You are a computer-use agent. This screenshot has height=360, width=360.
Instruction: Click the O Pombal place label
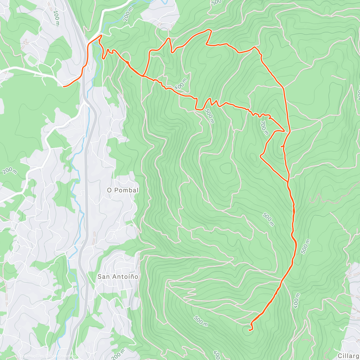click(123, 190)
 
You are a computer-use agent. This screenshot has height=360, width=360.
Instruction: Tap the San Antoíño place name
click(118, 277)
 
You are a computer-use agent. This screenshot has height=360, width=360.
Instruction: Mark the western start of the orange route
click(64, 86)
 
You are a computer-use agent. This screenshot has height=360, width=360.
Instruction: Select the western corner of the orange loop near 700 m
click(260, 155)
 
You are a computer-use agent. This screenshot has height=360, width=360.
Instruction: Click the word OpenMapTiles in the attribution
click(31, 356)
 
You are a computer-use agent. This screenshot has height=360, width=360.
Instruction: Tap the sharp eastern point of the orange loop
click(284, 131)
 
